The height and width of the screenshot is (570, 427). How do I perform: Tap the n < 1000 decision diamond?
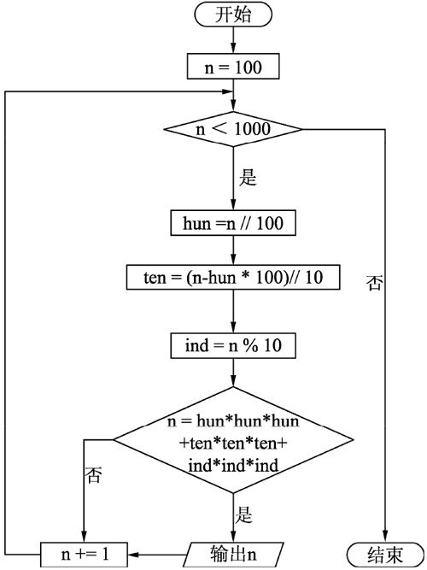click(233, 130)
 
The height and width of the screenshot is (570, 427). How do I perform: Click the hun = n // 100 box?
click(233, 223)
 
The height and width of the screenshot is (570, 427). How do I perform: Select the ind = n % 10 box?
click(233, 347)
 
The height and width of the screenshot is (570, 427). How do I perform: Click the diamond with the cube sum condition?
click(233, 442)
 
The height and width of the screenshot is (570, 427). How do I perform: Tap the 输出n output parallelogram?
click(233, 553)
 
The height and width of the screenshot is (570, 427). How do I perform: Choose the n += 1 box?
click(85, 553)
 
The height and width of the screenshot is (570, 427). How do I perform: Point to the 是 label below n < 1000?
click(249, 179)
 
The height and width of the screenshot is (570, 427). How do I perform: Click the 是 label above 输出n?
click(245, 515)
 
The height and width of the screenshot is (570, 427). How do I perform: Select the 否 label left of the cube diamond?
click(93, 475)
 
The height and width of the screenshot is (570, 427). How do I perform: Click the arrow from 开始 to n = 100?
click(233, 39)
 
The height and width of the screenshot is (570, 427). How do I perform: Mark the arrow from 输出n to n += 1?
click(158, 553)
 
